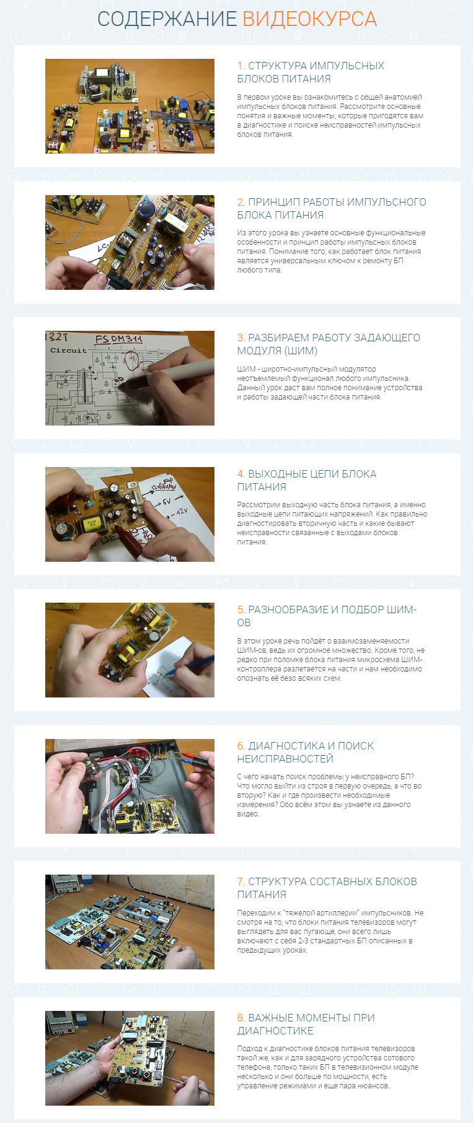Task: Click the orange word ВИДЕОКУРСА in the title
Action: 309,19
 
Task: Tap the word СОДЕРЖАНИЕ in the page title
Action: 167,19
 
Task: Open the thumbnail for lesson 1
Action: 130,106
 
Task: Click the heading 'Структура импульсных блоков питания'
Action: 311,72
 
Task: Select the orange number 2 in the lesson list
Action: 241,202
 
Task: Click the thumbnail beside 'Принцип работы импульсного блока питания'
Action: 130,242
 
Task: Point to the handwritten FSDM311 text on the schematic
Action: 118,339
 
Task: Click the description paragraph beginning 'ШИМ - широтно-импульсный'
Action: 330,383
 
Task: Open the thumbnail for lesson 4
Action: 130,514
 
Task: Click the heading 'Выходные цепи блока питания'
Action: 307,480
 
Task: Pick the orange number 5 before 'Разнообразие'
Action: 241,610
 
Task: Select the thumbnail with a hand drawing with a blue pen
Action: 130,650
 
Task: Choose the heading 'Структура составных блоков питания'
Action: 327,888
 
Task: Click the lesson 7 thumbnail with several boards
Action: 130,922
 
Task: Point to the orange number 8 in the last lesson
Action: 241,1018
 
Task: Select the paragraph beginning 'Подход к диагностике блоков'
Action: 327,1067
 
